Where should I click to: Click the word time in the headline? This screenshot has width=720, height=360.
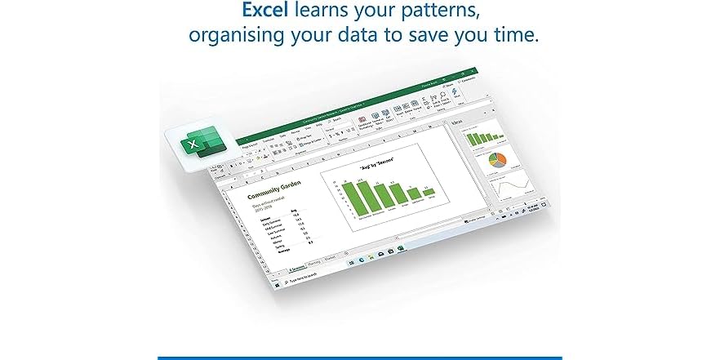tap(507, 38)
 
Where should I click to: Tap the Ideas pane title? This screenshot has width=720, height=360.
tap(458, 122)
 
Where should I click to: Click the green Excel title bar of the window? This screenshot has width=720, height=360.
tap(343, 110)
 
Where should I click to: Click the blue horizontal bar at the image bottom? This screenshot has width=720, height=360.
tap(360, 357)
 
